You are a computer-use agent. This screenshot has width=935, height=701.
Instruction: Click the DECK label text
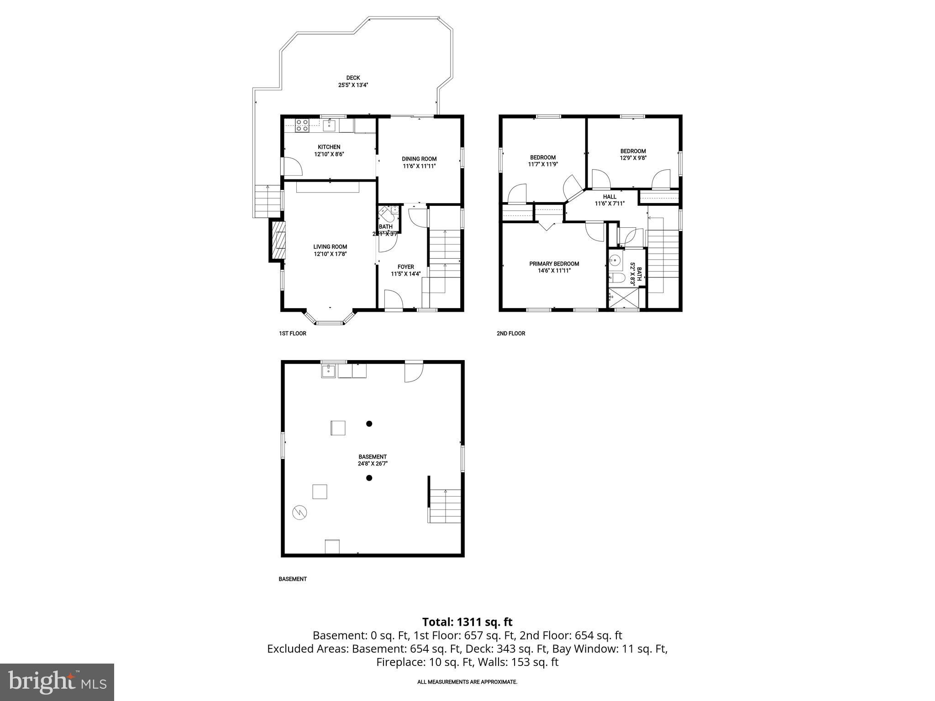353,78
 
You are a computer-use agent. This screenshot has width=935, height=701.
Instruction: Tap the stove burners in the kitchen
301,125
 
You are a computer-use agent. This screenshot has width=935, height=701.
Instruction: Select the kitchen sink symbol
329,125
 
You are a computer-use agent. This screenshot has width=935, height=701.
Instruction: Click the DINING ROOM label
419,159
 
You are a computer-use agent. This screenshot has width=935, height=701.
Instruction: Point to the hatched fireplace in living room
278,241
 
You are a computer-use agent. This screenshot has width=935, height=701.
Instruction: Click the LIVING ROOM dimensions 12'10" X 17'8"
330,254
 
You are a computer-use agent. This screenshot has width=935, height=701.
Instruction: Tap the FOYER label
405,267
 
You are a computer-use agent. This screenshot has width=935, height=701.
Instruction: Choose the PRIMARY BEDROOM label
554,264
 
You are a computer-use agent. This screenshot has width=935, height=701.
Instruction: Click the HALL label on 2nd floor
609,197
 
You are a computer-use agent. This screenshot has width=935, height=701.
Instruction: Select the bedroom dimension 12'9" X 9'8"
633,158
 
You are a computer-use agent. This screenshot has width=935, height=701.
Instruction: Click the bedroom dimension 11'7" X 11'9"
542,164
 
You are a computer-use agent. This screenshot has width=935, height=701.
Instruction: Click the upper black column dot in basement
369,424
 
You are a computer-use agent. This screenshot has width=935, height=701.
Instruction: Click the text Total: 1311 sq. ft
467,622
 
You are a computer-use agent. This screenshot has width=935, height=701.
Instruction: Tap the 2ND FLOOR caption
510,334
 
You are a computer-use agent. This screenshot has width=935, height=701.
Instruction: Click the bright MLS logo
57,682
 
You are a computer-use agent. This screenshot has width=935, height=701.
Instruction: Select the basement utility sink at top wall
329,371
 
